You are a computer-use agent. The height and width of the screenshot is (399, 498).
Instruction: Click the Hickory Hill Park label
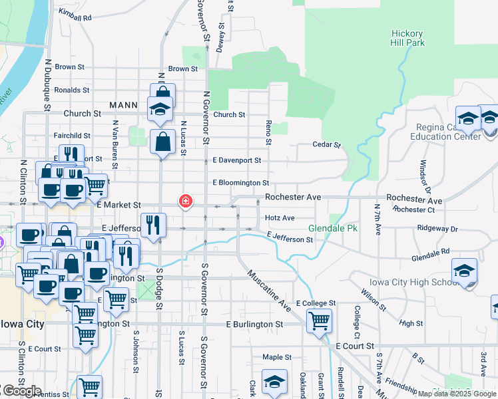tap(408, 38)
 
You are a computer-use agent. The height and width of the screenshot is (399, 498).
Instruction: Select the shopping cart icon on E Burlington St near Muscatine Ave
tap(319, 321)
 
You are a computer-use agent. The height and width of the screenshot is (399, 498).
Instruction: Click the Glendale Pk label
tap(333, 228)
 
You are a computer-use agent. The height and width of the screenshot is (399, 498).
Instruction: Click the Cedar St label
tap(327, 144)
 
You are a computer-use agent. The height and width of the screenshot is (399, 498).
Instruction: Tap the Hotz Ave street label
tap(280, 217)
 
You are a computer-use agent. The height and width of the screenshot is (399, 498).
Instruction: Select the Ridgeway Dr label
tap(437, 229)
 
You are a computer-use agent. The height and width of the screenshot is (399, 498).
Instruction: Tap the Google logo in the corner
tap(21, 391)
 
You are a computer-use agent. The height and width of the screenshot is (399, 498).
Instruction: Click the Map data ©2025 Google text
tap(456, 394)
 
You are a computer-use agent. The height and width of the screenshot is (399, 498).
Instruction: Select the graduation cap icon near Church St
tap(160, 108)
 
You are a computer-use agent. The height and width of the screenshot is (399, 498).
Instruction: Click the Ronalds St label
tap(72, 90)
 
